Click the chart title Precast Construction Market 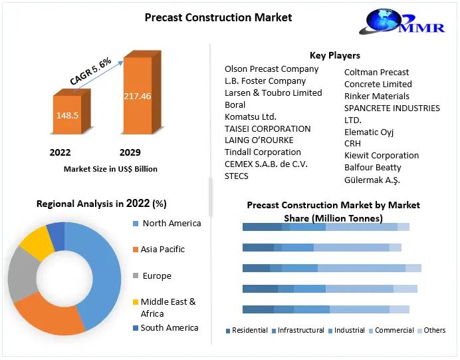(x=218, y=17)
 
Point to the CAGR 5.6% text (x=90, y=71)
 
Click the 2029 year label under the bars (x=130, y=152)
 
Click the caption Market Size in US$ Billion (x=110, y=169)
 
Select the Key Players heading (x=334, y=55)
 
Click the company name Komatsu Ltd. (x=251, y=116)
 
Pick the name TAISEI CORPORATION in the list (x=267, y=128)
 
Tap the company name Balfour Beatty (x=373, y=168)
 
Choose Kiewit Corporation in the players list (x=382, y=156)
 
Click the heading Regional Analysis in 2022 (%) (x=101, y=204)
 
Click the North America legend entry (x=171, y=224)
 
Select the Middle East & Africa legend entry (x=168, y=307)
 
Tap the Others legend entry (x=435, y=330)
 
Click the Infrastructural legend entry (x=300, y=330)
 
